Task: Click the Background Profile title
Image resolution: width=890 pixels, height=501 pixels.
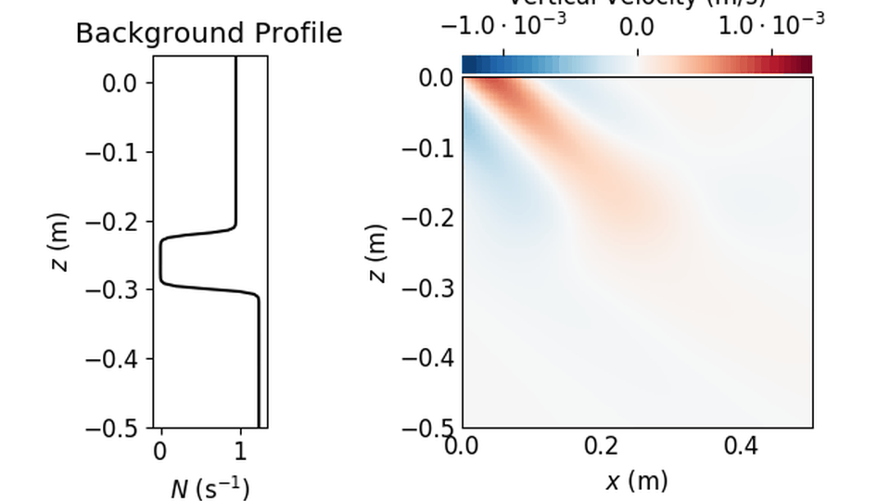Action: pos(209,33)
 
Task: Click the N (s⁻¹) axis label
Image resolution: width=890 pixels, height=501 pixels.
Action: pos(210,488)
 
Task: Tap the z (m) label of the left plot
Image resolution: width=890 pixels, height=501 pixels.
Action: pos(57,242)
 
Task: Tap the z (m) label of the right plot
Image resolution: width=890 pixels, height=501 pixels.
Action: pos(377,252)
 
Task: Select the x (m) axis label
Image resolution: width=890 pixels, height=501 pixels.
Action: pos(636,481)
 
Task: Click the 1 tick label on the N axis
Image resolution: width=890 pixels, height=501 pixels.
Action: pos(240,452)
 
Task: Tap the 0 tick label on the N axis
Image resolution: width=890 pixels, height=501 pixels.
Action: pos(160,452)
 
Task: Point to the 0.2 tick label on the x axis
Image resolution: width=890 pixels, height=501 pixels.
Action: pos(602,447)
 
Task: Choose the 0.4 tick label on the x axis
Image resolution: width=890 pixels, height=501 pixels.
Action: pos(741,447)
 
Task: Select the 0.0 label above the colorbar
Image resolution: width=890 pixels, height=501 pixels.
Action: pos(638,25)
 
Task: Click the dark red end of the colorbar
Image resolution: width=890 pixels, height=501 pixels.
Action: pos(806,64)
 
